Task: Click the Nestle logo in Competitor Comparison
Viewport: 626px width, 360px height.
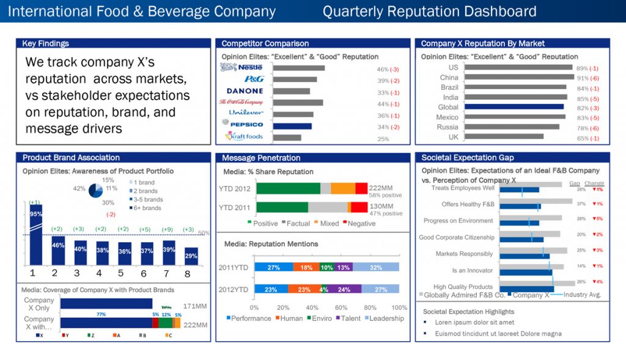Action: tap(241, 68)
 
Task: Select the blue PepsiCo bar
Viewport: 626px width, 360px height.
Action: tap(292, 127)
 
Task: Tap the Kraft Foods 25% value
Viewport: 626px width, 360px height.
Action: tap(383, 139)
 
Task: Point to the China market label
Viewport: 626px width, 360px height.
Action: tap(449, 78)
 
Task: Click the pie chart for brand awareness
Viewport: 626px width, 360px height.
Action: tap(98, 190)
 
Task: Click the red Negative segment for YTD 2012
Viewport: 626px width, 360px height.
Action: tap(361, 188)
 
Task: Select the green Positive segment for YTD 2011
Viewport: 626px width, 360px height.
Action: tap(282, 207)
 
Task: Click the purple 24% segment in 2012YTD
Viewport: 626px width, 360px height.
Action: tap(344, 289)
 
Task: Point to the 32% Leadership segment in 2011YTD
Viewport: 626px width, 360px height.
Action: tap(376, 267)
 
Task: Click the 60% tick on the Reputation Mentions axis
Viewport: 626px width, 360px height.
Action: tap(341, 307)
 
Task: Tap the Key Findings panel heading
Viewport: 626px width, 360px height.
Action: tap(45, 43)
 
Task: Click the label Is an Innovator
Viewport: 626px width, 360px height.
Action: tap(472, 270)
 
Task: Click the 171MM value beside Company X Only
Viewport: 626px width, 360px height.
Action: tap(195, 304)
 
